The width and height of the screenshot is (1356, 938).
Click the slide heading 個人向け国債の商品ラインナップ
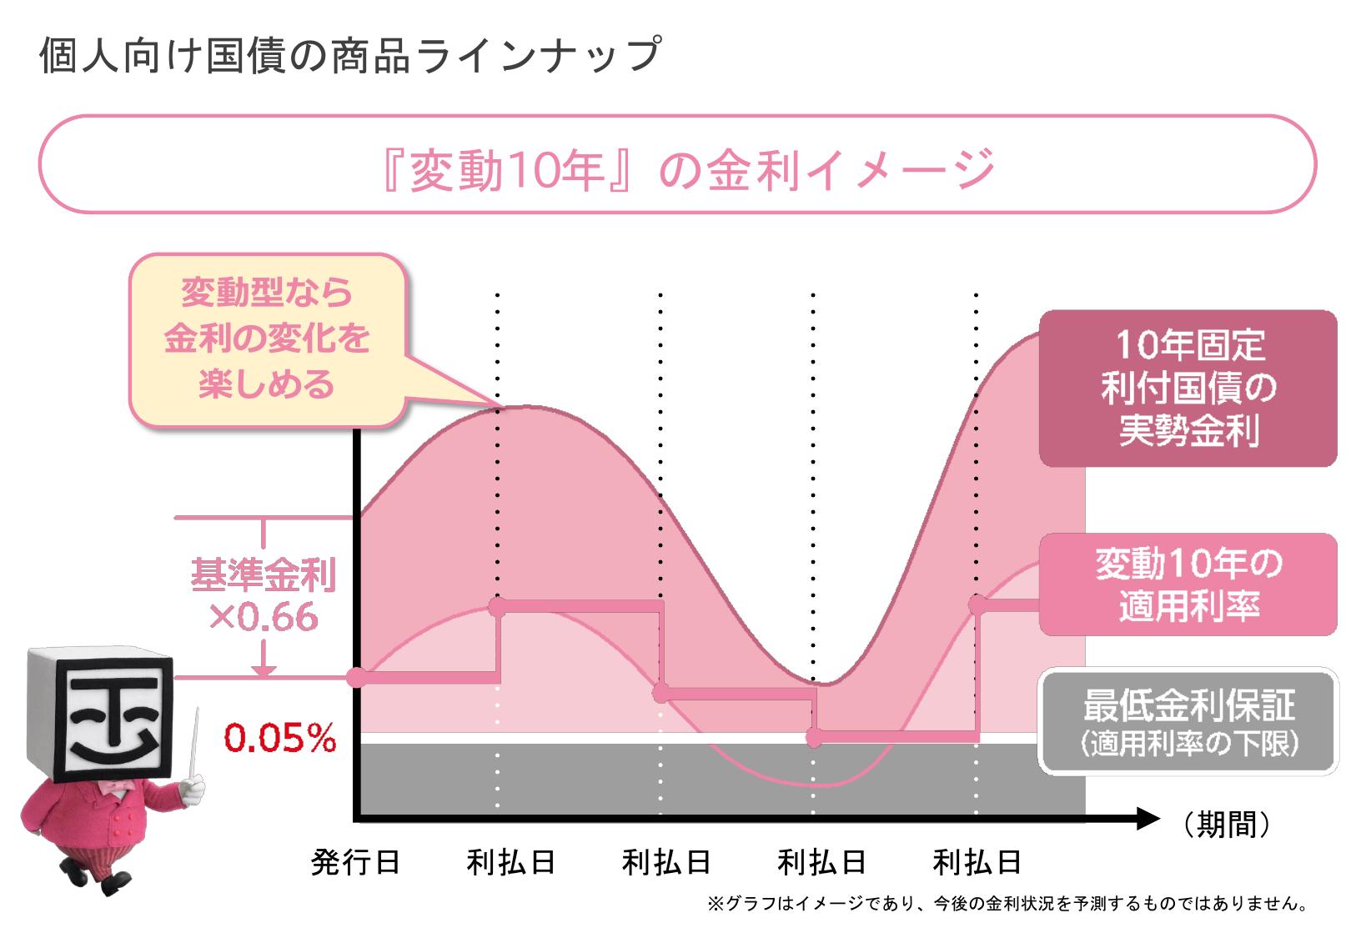[350, 57]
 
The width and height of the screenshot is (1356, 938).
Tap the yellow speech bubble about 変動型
[267, 340]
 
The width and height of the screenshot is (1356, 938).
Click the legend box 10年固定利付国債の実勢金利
[1188, 389]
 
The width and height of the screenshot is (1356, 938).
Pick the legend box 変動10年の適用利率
[1188, 584]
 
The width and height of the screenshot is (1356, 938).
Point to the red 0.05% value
[279, 738]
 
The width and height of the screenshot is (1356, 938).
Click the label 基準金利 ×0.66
[263, 596]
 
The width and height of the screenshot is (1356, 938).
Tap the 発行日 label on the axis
[355, 862]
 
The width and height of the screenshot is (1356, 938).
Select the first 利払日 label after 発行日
[510, 862]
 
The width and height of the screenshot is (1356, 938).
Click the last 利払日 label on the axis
[977, 862]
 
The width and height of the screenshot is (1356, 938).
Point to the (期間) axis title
[1226, 825]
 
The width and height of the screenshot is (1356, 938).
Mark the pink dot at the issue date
[356, 677]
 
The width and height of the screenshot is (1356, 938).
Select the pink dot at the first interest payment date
[498, 606]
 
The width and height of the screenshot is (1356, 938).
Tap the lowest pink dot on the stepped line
[815, 737]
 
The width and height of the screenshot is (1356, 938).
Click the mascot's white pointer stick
[194, 750]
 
